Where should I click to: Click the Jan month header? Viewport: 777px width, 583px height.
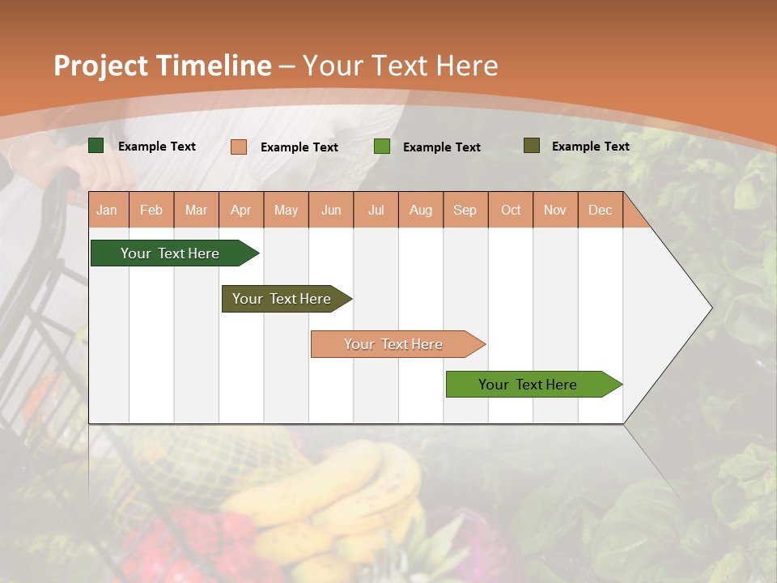pos(107,210)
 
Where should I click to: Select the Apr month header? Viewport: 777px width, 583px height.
pos(241,210)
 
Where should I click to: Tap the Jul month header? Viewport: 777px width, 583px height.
pos(376,210)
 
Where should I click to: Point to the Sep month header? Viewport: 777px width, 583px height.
pos(465,210)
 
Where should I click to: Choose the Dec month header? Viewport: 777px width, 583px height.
pos(600,210)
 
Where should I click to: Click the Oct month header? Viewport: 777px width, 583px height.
pos(511,210)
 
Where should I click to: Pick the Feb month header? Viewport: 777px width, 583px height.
pos(151,210)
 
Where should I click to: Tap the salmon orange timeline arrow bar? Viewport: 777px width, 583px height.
pos(394,344)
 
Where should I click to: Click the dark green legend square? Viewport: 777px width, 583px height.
pos(96,146)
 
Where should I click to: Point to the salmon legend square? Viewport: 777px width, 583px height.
pos(239,147)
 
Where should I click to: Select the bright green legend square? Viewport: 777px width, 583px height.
pos(382,147)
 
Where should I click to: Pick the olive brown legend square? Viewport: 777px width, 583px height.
pos(532,146)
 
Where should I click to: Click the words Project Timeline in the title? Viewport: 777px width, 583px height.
pos(162,66)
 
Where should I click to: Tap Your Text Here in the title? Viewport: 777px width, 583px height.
pos(400,66)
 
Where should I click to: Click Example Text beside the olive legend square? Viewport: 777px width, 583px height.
pos(590,146)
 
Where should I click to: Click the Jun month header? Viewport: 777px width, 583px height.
pos(331,210)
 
